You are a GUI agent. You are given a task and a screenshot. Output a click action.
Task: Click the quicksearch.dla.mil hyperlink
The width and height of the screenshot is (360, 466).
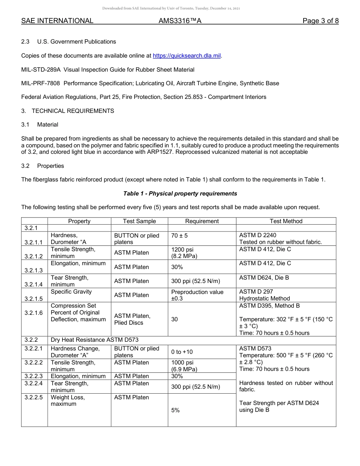point(186,56)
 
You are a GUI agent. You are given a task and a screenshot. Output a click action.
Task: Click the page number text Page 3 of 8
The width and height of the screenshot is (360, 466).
point(320,21)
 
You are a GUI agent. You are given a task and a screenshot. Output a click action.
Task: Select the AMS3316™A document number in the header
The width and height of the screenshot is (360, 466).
point(180,21)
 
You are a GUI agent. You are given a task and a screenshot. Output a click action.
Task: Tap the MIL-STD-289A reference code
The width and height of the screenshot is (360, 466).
point(41,70)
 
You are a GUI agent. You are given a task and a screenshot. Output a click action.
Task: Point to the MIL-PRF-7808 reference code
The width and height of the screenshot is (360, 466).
point(41,83)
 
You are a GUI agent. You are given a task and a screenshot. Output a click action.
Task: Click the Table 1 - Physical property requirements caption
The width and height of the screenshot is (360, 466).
point(180,194)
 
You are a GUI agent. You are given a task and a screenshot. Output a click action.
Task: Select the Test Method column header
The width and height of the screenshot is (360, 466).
point(286,221)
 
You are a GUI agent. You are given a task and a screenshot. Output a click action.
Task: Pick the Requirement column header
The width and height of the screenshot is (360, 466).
point(202,221)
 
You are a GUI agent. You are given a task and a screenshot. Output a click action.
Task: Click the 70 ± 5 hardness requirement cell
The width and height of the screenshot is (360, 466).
point(179,236)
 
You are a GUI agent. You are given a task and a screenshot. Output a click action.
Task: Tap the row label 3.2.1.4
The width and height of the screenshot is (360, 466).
point(34,284)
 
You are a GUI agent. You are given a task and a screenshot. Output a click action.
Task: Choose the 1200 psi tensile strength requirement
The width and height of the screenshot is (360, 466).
point(182,250)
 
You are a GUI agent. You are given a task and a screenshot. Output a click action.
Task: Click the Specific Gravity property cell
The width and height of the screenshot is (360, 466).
point(71,292)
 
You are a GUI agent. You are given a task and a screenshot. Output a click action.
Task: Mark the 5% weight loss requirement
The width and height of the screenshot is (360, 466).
point(175,410)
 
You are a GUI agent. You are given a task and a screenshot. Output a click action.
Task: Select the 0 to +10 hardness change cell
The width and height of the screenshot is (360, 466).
point(182,352)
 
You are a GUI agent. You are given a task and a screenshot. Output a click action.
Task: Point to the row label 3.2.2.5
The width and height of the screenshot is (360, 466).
point(34,397)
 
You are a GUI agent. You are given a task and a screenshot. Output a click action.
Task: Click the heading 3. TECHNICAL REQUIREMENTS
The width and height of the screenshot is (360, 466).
point(67,111)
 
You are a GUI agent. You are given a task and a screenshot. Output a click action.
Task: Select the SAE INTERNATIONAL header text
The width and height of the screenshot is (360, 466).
point(57,21)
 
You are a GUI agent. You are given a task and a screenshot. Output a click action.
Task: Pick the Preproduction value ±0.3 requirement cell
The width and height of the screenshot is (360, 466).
point(197,295)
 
